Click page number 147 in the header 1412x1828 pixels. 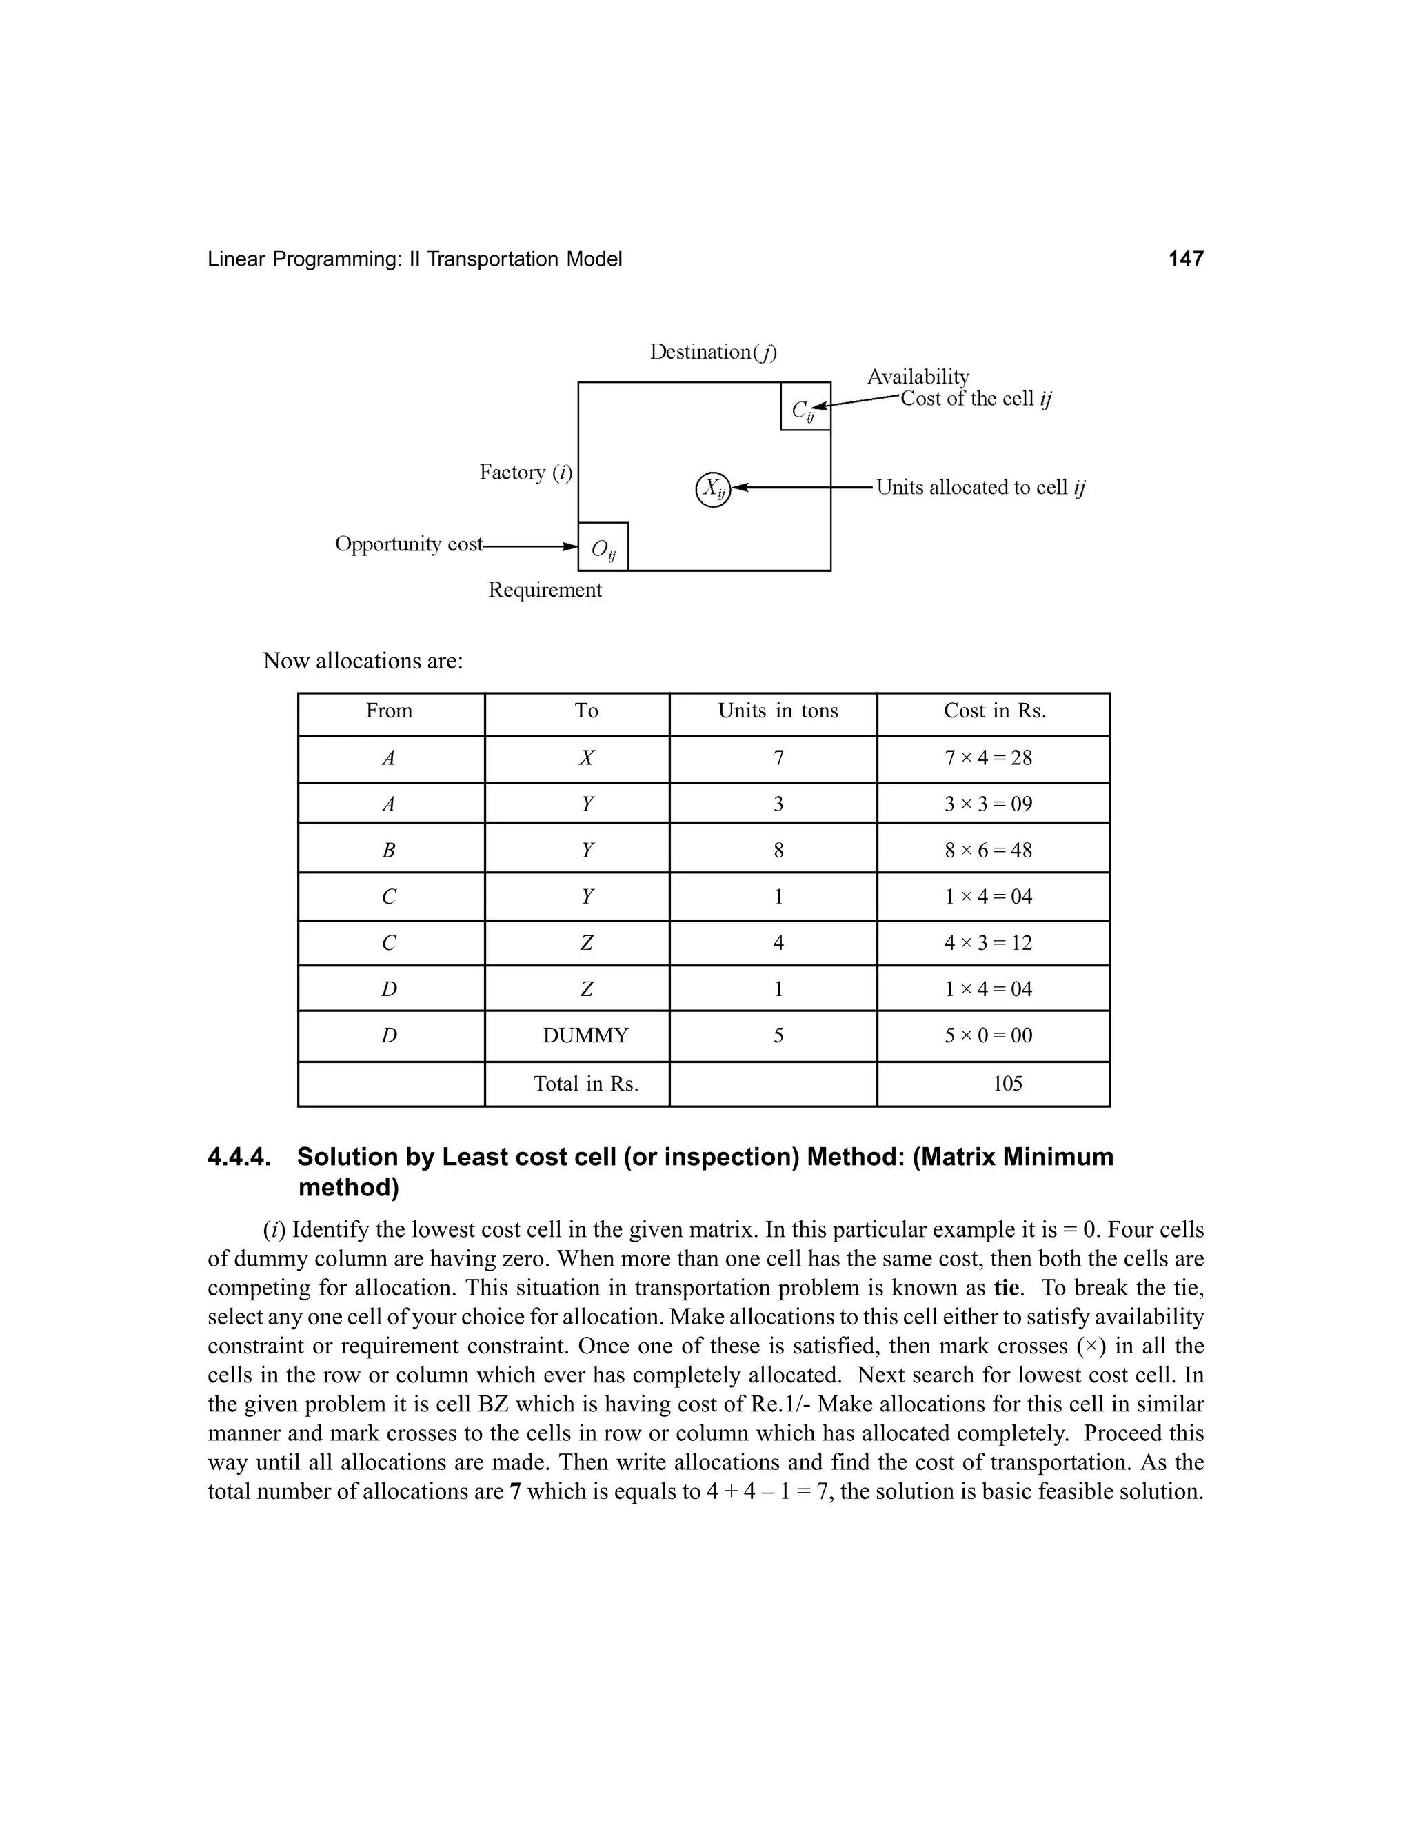click(1185, 259)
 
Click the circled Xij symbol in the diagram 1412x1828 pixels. click(713, 489)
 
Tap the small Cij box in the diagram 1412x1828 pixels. click(805, 408)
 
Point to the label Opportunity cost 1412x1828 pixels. click(408, 545)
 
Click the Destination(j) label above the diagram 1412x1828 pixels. click(713, 352)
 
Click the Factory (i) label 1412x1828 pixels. click(525, 473)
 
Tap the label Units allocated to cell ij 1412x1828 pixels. click(980, 488)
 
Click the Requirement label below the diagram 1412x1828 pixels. click(545, 590)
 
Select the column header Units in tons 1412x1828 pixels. click(777, 711)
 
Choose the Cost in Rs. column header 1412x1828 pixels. click(994, 711)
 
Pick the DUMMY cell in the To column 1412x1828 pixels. click(585, 1036)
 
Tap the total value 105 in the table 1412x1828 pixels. click(1007, 1084)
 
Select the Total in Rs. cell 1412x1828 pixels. click(585, 1084)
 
